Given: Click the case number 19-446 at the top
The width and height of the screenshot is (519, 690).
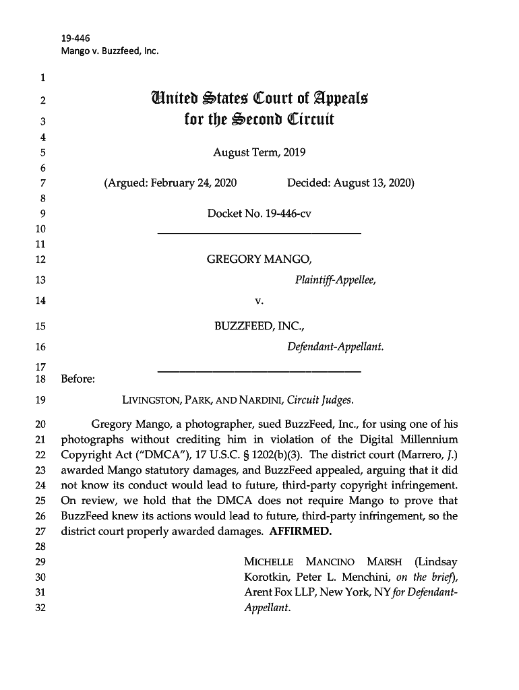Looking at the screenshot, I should click(x=75, y=38).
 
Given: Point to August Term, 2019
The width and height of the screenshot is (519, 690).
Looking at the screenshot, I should click(x=259, y=152).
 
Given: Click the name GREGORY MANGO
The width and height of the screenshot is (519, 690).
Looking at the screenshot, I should click(x=259, y=259).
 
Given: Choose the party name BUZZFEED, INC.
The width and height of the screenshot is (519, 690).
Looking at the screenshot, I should click(x=259, y=327).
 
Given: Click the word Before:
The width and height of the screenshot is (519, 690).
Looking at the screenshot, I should click(x=78, y=379).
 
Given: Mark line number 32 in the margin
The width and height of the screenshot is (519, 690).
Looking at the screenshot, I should click(x=39, y=607).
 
